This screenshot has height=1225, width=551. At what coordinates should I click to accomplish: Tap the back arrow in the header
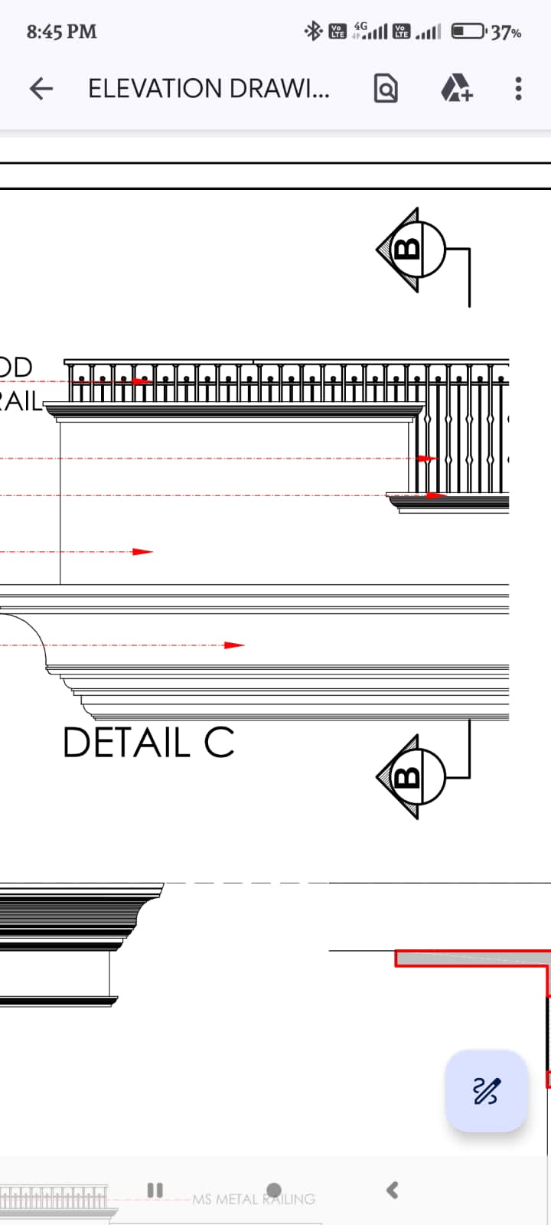(x=41, y=90)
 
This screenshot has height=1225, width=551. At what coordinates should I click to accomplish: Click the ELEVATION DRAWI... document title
(x=209, y=90)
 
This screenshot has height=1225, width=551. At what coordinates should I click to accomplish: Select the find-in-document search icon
(x=386, y=90)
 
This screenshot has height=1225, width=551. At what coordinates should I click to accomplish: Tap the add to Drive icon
(x=457, y=90)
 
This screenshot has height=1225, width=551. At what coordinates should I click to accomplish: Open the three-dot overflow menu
(x=518, y=90)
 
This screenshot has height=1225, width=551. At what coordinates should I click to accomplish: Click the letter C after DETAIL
(x=219, y=743)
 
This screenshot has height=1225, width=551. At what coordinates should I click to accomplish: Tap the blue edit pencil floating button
(x=487, y=1090)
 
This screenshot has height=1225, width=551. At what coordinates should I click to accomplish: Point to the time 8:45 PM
(x=62, y=32)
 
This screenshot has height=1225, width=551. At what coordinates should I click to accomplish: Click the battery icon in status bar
(x=468, y=32)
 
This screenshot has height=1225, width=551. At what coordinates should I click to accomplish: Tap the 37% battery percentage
(x=507, y=33)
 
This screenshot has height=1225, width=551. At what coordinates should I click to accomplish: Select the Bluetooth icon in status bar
(x=313, y=31)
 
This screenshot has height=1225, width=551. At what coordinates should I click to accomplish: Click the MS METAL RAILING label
(x=253, y=1199)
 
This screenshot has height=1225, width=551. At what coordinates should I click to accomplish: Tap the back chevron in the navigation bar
(x=393, y=1190)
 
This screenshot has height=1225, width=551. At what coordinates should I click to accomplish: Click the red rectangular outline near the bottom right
(x=471, y=959)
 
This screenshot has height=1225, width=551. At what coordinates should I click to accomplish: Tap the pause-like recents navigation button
(x=155, y=1190)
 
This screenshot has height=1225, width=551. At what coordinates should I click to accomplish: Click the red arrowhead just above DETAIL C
(x=234, y=645)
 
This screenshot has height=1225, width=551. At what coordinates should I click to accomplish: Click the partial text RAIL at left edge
(x=21, y=401)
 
